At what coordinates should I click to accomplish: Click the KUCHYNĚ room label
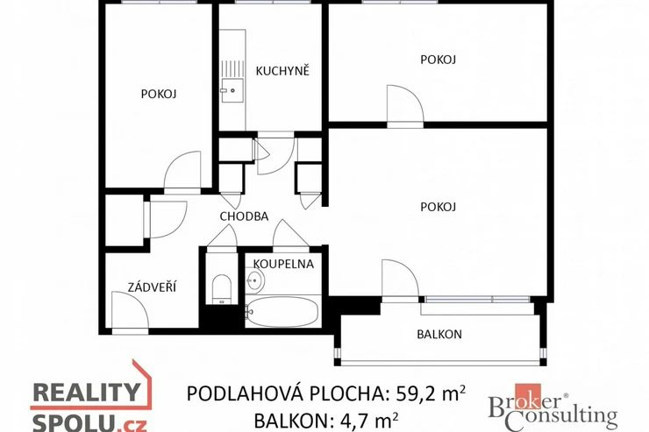click(x=282, y=71)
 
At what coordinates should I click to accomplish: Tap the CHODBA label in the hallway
click(x=244, y=216)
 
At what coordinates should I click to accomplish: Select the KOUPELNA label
click(x=283, y=264)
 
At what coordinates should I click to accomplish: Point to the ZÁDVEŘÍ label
click(x=152, y=287)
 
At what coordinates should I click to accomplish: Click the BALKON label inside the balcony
click(x=439, y=334)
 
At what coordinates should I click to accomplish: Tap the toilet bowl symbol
click(x=221, y=288)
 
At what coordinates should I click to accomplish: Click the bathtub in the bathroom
click(x=282, y=311)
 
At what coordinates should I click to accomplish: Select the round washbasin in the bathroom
click(x=254, y=280)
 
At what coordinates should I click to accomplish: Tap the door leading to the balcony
click(x=400, y=279)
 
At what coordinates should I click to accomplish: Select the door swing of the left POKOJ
click(x=182, y=172)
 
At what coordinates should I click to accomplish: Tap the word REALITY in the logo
click(x=87, y=392)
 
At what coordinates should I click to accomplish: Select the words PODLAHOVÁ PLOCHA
click(x=285, y=393)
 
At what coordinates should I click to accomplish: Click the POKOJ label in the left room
click(x=159, y=94)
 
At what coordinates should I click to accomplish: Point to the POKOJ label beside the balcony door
click(x=438, y=206)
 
